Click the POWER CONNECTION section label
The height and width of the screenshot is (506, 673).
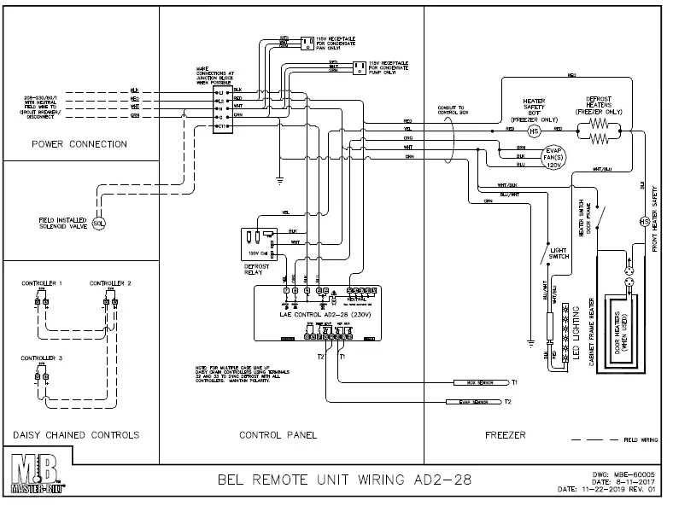point(79,144)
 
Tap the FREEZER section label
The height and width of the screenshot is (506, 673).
point(504,435)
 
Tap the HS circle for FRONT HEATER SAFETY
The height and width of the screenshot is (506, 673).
point(646,222)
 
